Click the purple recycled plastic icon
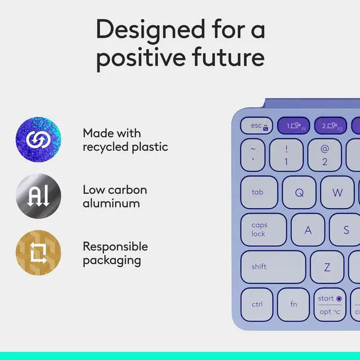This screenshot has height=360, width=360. coord(38,139)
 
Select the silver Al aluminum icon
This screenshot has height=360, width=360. coord(38,196)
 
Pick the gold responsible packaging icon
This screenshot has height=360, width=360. coord(38,253)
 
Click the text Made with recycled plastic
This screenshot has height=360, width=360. coord(125,140)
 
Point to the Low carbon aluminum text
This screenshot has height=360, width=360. coord(115,196)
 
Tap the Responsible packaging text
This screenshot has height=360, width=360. coord(115,253)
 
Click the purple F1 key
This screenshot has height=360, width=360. coord(293,126)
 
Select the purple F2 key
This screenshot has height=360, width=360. coord(331,126)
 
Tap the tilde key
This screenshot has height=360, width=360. coord(253,155)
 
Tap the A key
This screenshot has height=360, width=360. coord(308,229)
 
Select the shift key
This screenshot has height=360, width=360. coord(273,267)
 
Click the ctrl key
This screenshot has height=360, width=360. coord(258,304)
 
